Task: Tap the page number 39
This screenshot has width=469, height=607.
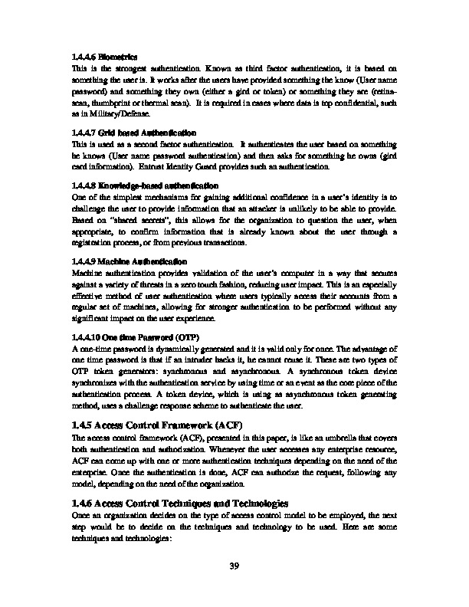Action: click(x=235, y=566)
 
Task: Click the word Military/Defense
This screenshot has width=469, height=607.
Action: click(x=106, y=111)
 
